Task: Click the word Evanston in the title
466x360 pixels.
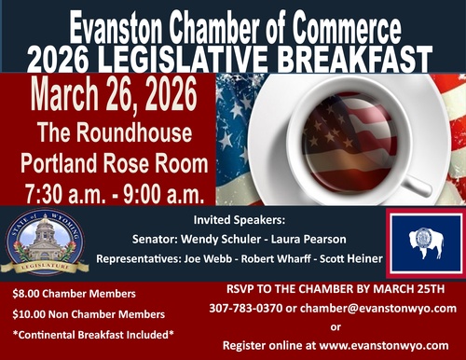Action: tap(115, 28)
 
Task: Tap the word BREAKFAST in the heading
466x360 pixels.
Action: tap(354, 59)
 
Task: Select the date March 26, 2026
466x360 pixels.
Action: tap(114, 94)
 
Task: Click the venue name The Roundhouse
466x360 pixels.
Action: tap(115, 133)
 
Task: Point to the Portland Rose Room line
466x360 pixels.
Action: tap(115, 163)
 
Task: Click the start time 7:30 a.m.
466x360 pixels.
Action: tap(63, 193)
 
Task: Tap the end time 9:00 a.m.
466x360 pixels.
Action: tap(164, 193)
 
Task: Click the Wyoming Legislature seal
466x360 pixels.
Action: tap(45, 242)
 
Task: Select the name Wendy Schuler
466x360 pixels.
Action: tap(221, 239)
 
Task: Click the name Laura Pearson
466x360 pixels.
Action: tap(308, 239)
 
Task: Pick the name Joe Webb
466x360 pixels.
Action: tap(208, 258)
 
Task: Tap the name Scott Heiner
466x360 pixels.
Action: tap(351, 258)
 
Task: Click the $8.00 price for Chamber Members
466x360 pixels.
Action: tap(26, 294)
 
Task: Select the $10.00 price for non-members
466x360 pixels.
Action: tap(29, 314)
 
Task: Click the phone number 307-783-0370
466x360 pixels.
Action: tap(246, 308)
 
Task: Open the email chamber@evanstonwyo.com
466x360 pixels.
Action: tap(378, 309)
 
